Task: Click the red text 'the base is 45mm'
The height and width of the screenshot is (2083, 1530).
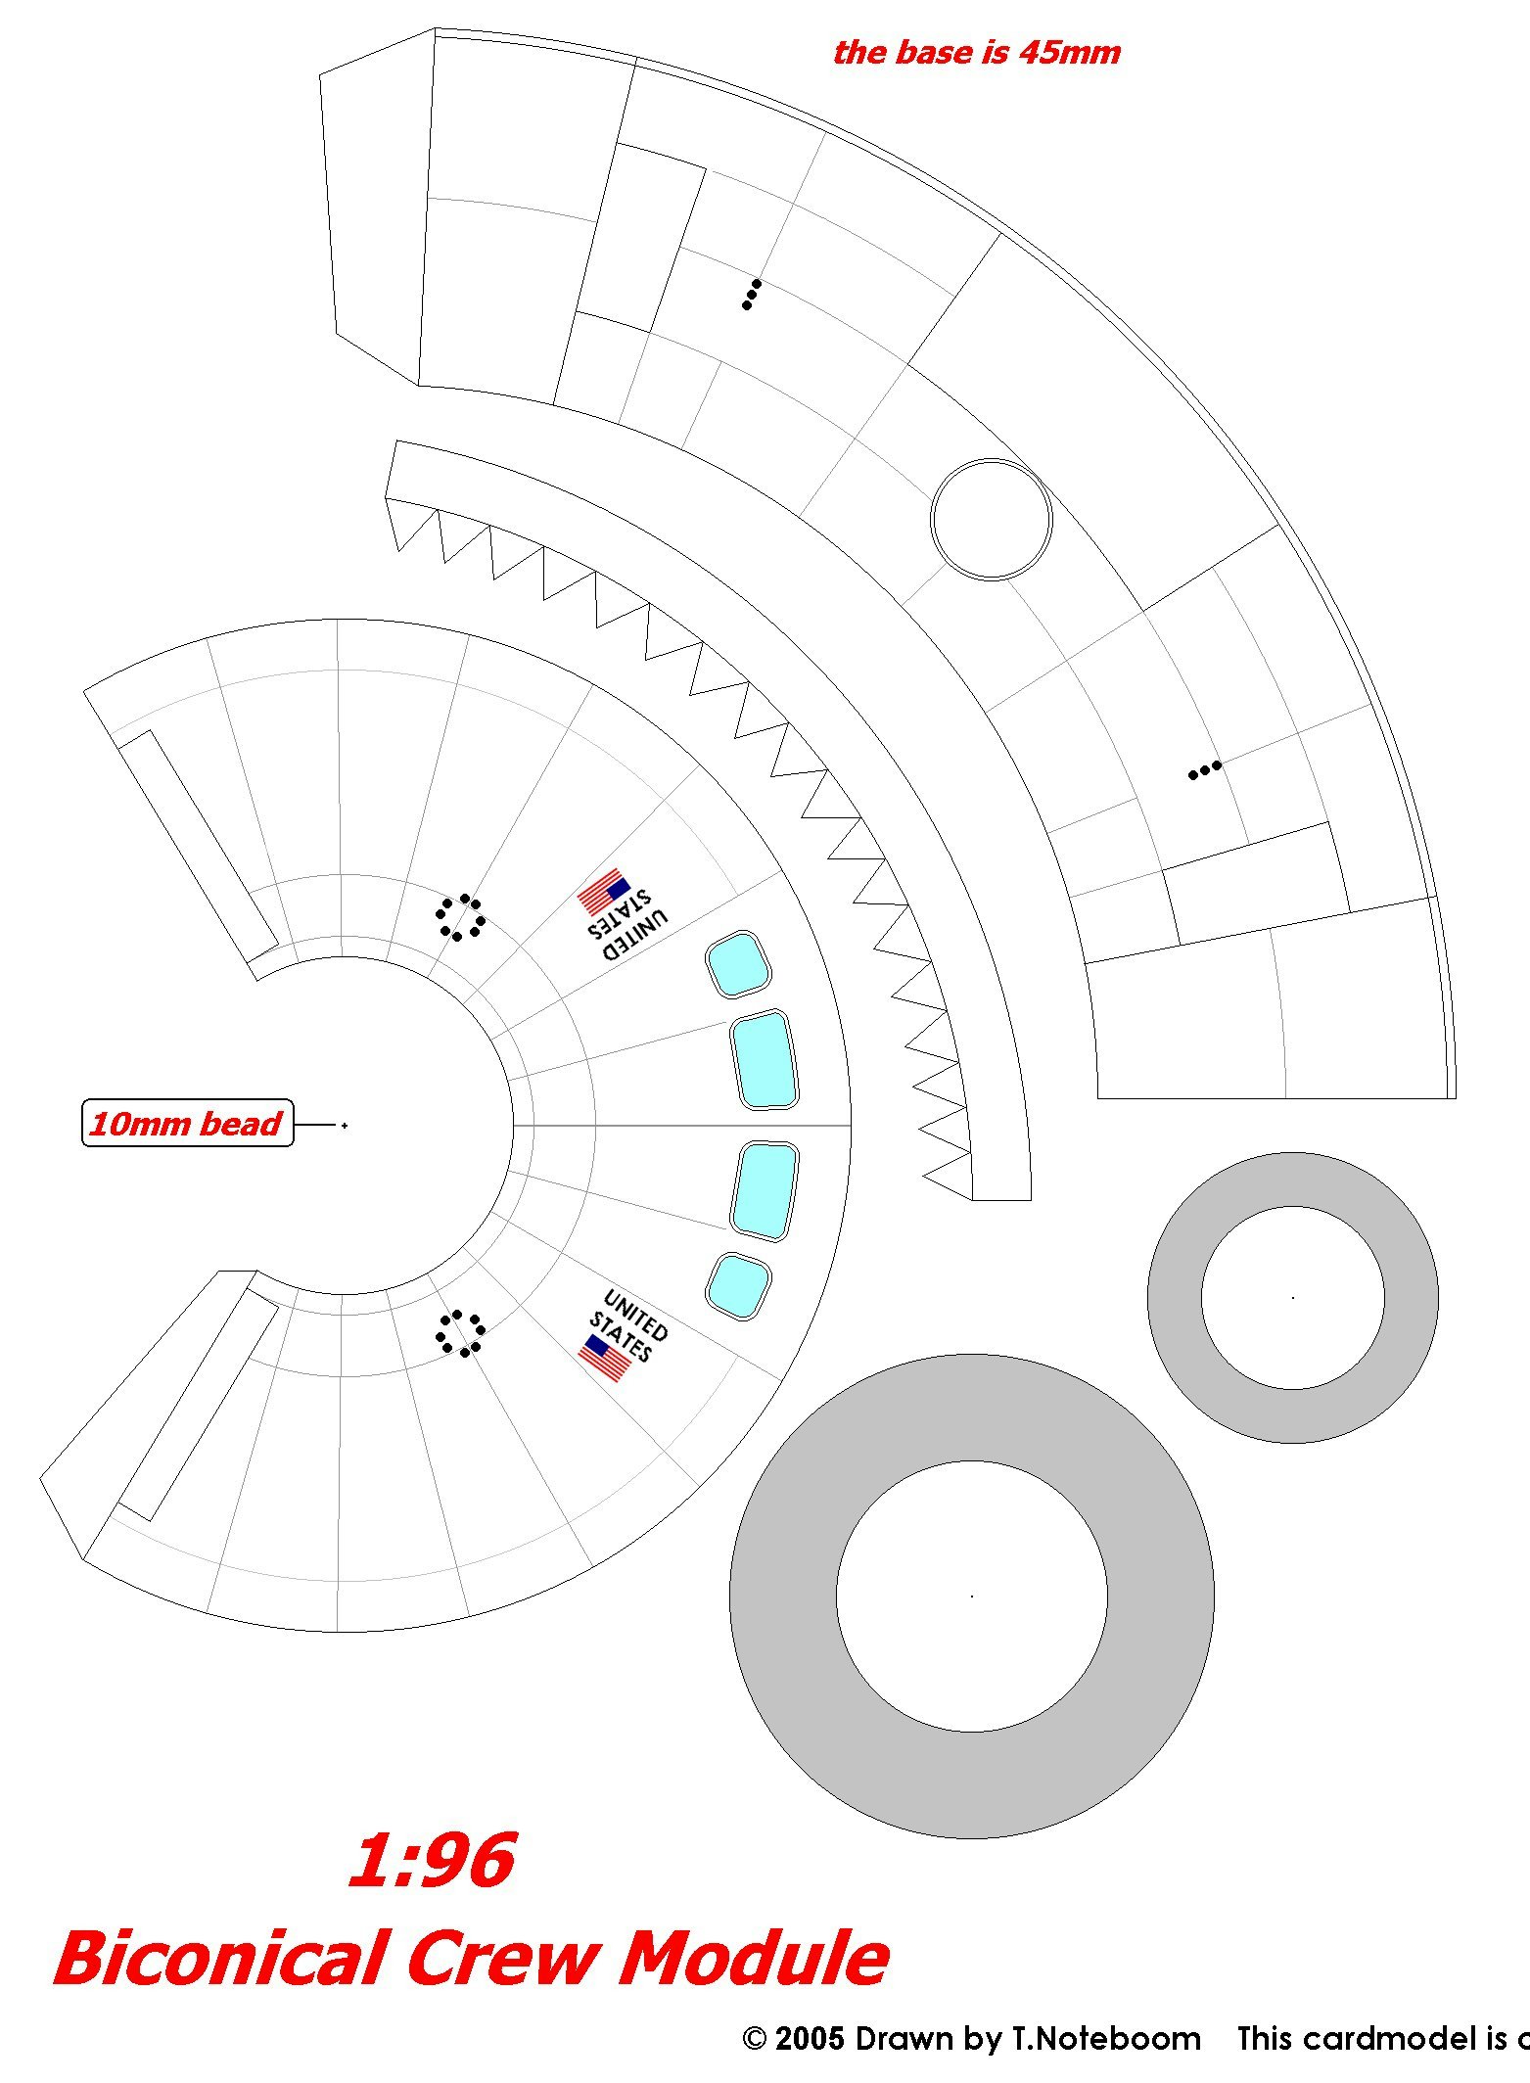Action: (976, 52)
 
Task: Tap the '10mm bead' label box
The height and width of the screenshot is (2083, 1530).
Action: (187, 1123)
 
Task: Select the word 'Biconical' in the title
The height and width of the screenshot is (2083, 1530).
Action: (221, 1959)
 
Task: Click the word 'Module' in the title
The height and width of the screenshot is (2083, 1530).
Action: (754, 1959)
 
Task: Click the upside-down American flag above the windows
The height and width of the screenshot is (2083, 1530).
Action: (603, 891)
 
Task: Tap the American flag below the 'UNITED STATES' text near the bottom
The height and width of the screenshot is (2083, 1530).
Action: (604, 1359)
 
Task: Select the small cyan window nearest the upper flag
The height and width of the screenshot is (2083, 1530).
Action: (738, 965)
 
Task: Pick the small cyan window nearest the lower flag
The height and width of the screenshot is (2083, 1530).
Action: (738, 1285)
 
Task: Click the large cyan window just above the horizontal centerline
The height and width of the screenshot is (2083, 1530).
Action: (765, 1060)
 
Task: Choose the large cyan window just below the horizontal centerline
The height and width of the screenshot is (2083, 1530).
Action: (765, 1191)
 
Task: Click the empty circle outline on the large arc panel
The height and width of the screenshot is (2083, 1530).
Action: (991, 519)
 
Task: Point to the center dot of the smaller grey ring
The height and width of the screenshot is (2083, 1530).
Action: (1293, 1298)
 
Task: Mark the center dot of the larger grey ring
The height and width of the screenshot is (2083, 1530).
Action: (972, 1597)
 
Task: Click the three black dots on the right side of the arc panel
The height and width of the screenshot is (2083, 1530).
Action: (1205, 770)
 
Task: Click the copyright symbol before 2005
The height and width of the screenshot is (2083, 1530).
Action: (754, 2040)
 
